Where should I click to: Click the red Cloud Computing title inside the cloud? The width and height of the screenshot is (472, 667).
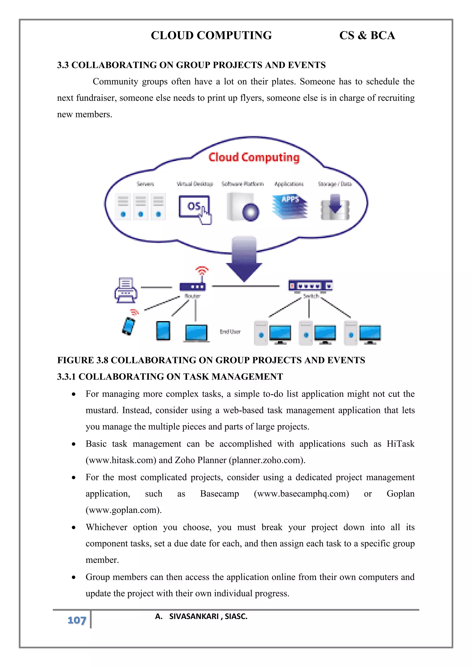pos(254,158)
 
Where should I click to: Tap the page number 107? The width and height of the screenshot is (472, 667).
pos(77,620)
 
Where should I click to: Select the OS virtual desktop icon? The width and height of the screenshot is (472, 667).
pos(194,207)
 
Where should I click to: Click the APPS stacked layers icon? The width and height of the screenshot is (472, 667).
pos(290,207)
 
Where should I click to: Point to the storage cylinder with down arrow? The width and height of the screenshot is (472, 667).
pos(335,207)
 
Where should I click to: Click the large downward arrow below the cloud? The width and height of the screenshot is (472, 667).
pos(244,259)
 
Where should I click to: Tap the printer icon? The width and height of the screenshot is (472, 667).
pos(126,290)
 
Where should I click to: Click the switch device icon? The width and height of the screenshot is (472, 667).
pos(310,286)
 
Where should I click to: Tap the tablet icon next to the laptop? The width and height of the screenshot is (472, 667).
pos(163,331)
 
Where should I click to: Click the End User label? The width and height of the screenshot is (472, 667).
pos(230,331)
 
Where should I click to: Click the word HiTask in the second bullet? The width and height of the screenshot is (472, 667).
pos(400,444)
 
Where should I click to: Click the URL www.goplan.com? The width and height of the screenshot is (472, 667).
pos(124,510)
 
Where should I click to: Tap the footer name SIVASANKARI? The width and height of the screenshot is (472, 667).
pos(194,616)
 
